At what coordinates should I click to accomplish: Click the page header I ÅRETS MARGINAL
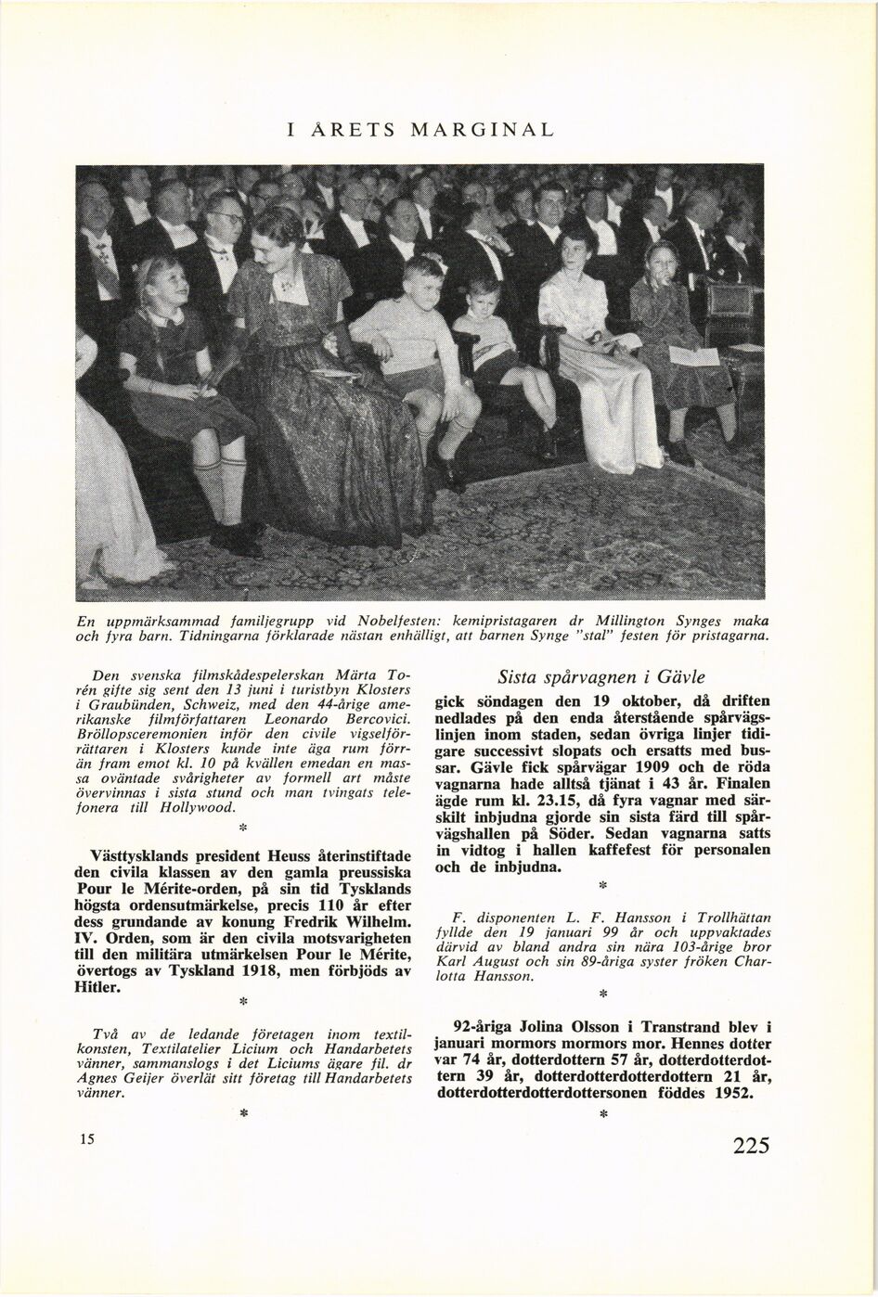[420, 129]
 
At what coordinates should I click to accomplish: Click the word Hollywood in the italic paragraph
[199, 807]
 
